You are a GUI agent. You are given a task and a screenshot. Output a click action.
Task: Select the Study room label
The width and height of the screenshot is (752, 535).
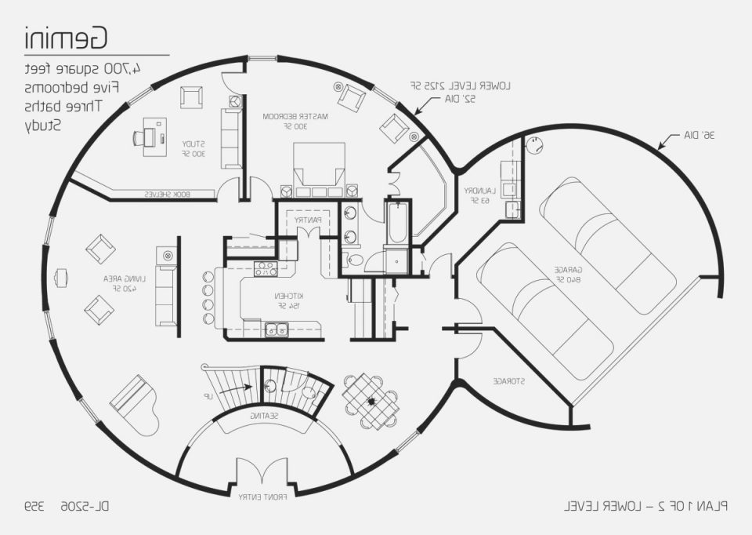pos(193,148)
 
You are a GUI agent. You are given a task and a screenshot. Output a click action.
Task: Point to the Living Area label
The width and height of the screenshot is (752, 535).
pos(126,283)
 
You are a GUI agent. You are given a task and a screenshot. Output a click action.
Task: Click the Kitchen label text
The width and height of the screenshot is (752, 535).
pos(283,300)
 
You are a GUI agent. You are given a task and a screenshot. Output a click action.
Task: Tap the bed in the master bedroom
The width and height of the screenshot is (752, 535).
pos(319,170)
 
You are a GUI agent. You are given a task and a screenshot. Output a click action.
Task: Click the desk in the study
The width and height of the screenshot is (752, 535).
pos(152,135)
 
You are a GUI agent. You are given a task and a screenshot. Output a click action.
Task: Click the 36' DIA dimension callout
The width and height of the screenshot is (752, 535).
pos(698,135)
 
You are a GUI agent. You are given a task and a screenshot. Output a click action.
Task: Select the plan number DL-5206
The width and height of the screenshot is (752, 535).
pos(83,507)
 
